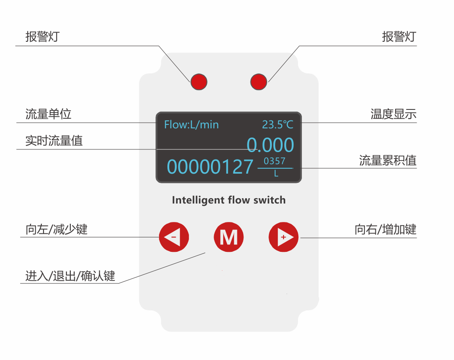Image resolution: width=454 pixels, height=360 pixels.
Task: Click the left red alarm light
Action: pos(199,82)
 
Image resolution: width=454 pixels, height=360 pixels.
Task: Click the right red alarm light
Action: pos(258,82)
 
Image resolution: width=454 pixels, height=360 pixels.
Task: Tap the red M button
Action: pos(229,237)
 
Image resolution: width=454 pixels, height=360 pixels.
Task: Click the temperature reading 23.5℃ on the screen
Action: pos(278,124)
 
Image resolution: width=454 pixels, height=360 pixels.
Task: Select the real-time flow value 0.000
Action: pos(270,145)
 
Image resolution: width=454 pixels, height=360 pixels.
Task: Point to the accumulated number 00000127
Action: pos(210,167)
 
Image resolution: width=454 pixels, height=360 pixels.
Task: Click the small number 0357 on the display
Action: pos(275,161)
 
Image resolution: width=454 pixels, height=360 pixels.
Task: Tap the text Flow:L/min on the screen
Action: pos(191,124)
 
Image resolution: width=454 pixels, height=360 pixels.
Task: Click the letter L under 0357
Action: pos(276,174)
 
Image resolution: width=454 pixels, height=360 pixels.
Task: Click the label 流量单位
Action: pos(48,114)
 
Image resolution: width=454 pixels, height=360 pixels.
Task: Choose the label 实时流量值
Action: pos(54,141)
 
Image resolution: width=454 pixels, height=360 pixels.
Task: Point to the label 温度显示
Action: pos(393,114)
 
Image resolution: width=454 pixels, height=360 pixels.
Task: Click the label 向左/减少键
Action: pos(56,229)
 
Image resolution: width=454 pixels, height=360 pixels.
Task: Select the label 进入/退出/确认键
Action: pos(70,276)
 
